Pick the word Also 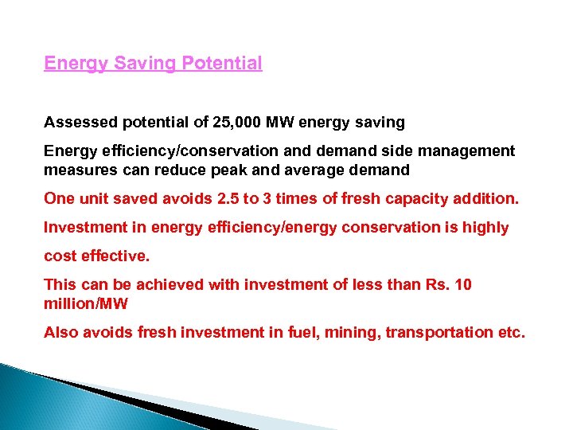(60, 332)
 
